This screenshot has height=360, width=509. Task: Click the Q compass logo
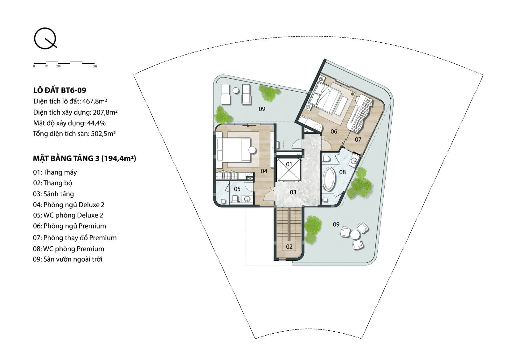pos(45,39)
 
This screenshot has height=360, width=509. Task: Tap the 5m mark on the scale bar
pos(95,66)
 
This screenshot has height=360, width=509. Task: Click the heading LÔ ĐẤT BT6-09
pos(60,90)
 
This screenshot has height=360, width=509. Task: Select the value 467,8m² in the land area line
pos(94,101)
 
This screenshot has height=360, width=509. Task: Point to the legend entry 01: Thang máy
pos(55,173)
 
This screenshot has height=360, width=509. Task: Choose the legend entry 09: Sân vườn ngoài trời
pos(68,259)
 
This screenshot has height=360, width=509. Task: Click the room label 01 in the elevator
pos(289,164)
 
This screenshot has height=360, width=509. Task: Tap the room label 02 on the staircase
pos(289,246)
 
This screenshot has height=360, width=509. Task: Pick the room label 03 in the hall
pos(293,192)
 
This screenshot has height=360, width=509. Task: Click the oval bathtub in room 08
pos(330,179)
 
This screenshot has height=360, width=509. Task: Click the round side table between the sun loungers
pos(236,90)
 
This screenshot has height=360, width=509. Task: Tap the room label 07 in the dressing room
pos(358,139)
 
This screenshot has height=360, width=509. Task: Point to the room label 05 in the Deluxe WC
pos(237,189)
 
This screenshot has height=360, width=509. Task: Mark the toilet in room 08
pos(326,159)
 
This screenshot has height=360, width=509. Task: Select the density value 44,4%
pos(96,123)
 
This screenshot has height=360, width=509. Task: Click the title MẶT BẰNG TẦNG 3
pos(66,158)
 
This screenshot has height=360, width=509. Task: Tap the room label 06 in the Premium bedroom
pos(334,131)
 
